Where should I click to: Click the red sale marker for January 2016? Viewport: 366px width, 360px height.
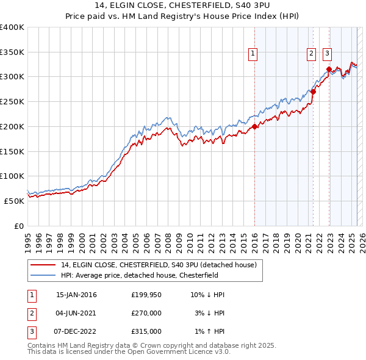254,127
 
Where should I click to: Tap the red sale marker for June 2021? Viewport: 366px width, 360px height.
313,92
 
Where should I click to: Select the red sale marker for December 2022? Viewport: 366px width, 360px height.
329,70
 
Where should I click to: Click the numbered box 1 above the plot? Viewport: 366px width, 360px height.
253,54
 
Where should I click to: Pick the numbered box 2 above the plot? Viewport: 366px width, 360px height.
311,54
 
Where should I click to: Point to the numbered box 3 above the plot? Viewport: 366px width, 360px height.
328,54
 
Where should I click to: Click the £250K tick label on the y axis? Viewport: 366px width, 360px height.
12,101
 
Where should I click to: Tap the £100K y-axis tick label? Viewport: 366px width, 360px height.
12,176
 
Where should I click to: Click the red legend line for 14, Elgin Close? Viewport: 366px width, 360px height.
43,265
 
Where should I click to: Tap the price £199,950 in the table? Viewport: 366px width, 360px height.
146,295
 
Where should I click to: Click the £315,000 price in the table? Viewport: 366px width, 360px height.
146,331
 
